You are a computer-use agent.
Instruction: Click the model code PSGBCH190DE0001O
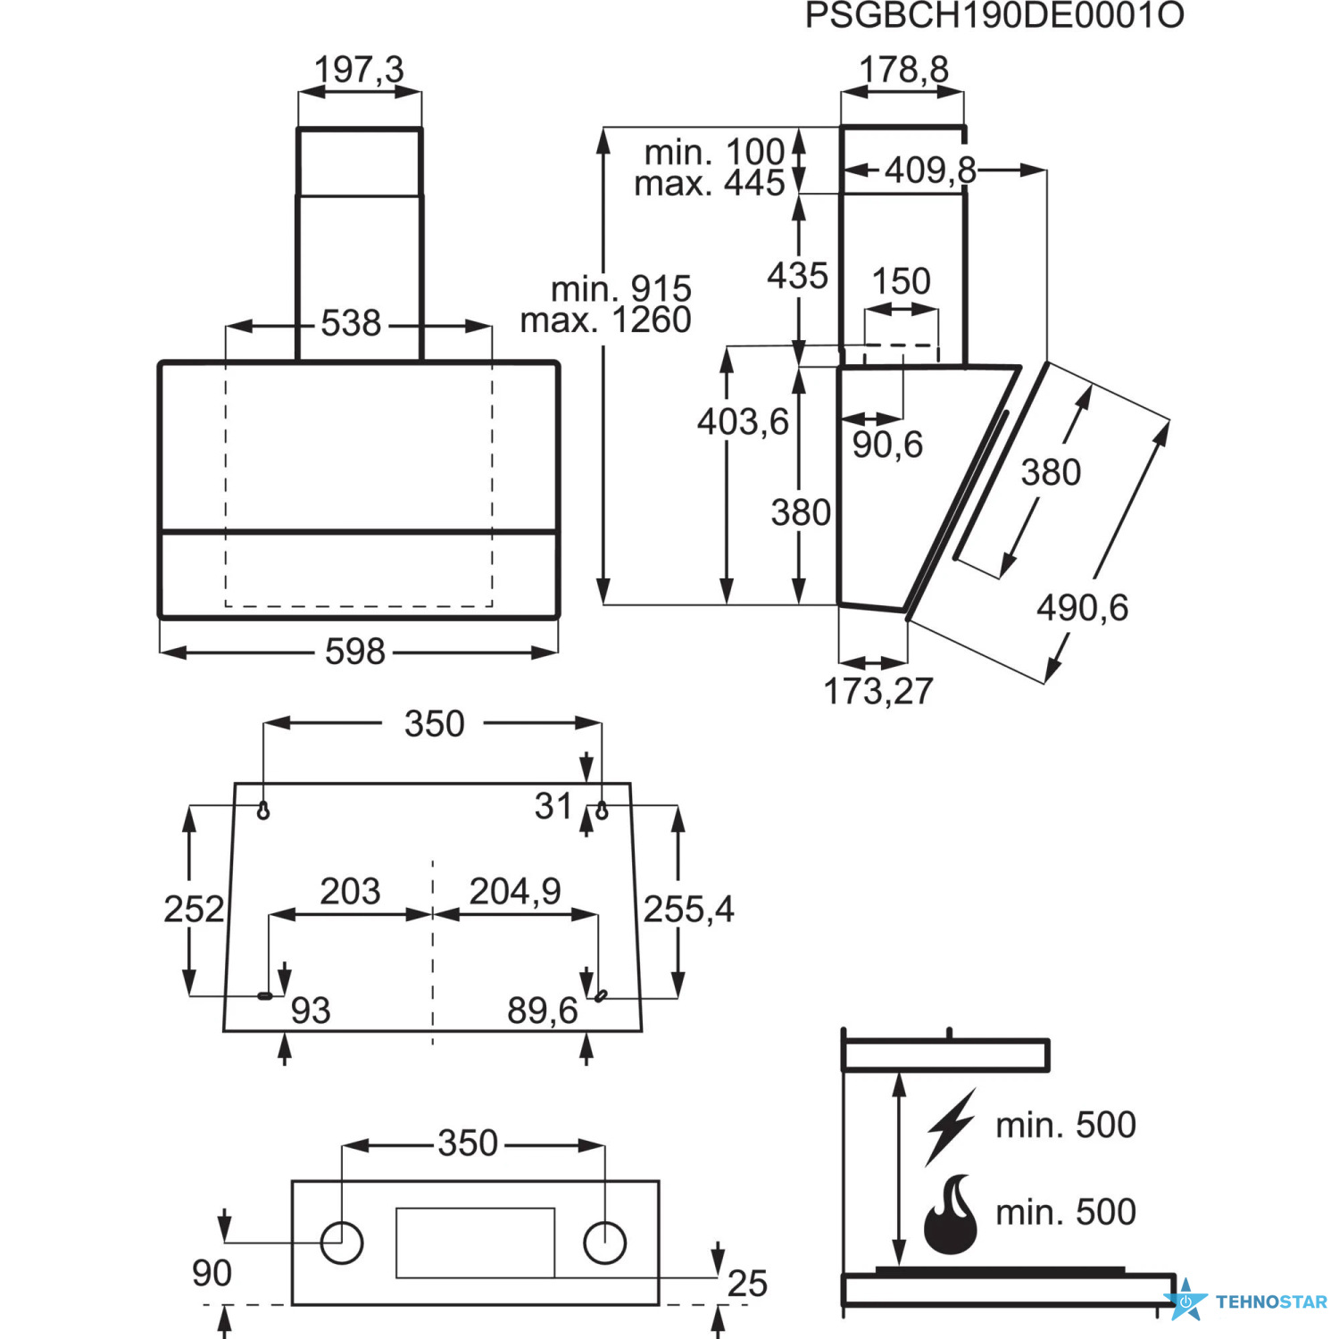994,16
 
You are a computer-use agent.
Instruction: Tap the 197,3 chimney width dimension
359,69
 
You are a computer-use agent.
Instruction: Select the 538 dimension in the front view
351,323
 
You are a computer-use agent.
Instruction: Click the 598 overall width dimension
354,652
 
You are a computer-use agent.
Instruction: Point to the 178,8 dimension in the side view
903,69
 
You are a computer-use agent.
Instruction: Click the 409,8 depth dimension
930,170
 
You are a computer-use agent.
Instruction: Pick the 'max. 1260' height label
606,320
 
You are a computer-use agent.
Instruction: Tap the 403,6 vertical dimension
743,421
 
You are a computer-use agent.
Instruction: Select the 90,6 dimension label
887,445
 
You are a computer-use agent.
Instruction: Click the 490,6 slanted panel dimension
1082,608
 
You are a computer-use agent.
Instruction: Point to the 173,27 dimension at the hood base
878,691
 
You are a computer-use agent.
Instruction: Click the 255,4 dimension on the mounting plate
688,910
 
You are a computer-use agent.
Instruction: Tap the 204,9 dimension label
515,891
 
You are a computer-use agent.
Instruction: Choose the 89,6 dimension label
543,1010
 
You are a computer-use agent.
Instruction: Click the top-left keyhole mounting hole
263,811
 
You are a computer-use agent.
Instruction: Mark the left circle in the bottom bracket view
342,1243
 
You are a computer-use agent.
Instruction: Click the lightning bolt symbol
950,1127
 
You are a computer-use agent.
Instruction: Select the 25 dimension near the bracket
747,1284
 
